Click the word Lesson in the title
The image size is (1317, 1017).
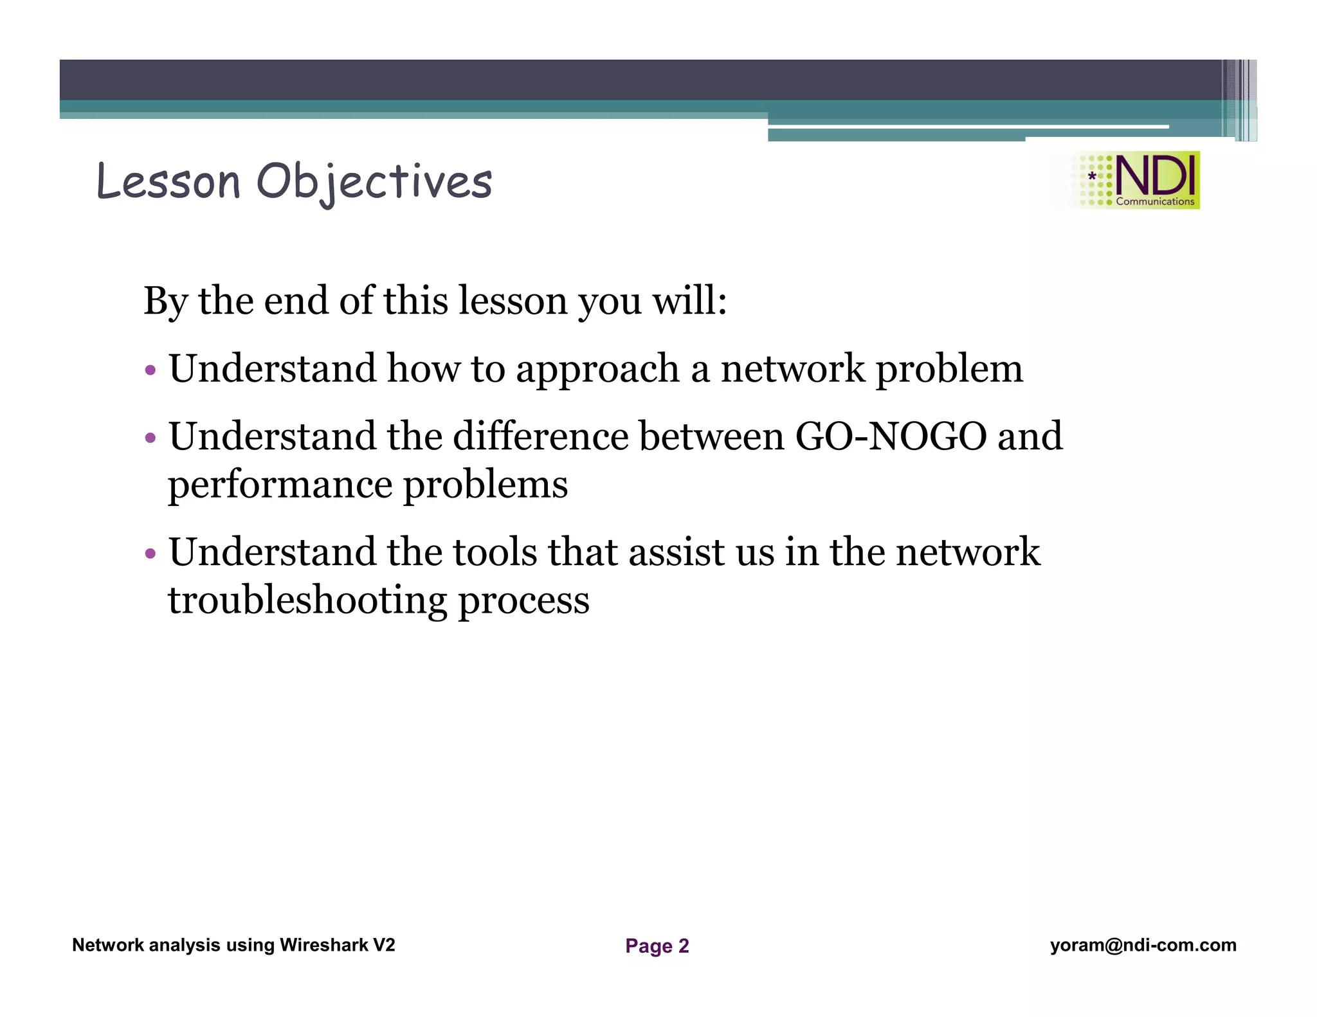coord(168,181)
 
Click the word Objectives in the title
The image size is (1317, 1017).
coord(374,181)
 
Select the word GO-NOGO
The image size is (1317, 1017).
coord(891,437)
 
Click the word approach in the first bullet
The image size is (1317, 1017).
coord(598,369)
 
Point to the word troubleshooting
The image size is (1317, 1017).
coord(307,600)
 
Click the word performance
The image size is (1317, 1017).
coord(280,485)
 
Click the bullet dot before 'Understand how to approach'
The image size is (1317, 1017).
coord(150,370)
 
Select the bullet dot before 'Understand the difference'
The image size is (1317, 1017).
coord(150,438)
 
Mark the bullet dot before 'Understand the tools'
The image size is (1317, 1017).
coord(150,553)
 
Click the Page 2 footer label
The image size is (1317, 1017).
coord(657,946)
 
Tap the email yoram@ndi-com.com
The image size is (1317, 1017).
coord(1143,945)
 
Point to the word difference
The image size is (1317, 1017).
coord(540,437)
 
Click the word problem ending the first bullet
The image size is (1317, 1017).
coord(949,369)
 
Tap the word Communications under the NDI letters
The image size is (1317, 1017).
coord(1155,201)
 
